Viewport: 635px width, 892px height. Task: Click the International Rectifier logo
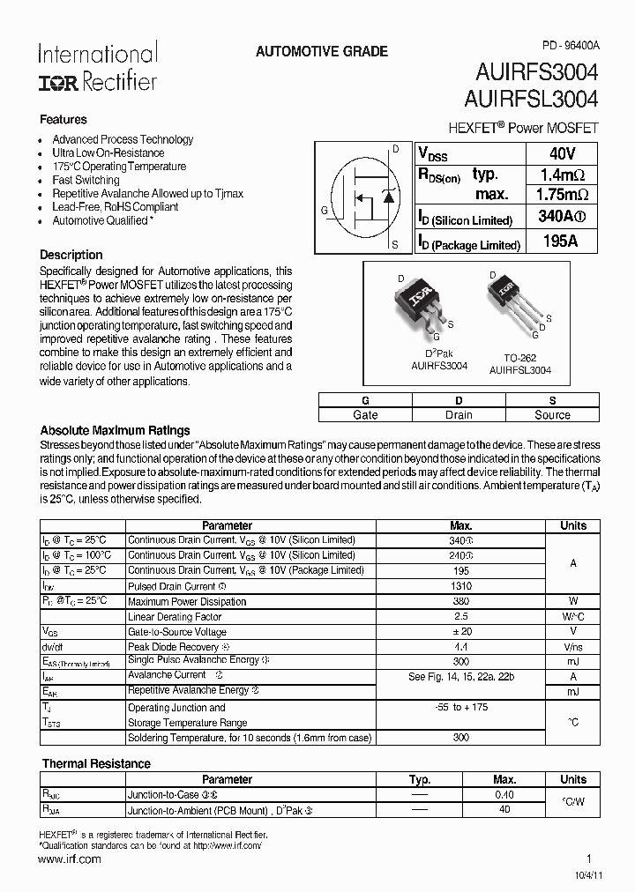(x=97, y=68)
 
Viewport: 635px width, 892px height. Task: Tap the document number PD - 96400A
(x=570, y=44)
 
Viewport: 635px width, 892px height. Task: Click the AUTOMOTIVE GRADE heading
(x=321, y=52)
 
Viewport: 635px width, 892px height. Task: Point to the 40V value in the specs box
(x=562, y=152)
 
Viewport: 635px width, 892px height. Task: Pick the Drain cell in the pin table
(x=459, y=415)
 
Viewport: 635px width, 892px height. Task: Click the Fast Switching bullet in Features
(x=86, y=180)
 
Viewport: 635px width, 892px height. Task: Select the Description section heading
(x=71, y=255)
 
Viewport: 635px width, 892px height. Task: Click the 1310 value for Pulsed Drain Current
(x=460, y=586)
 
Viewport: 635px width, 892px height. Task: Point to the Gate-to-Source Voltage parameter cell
(x=177, y=632)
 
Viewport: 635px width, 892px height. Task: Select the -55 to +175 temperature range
(x=460, y=707)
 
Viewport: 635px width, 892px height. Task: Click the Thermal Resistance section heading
(x=95, y=763)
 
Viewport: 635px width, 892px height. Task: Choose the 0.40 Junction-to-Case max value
(x=504, y=794)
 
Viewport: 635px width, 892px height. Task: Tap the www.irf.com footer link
(x=71, y=859)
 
